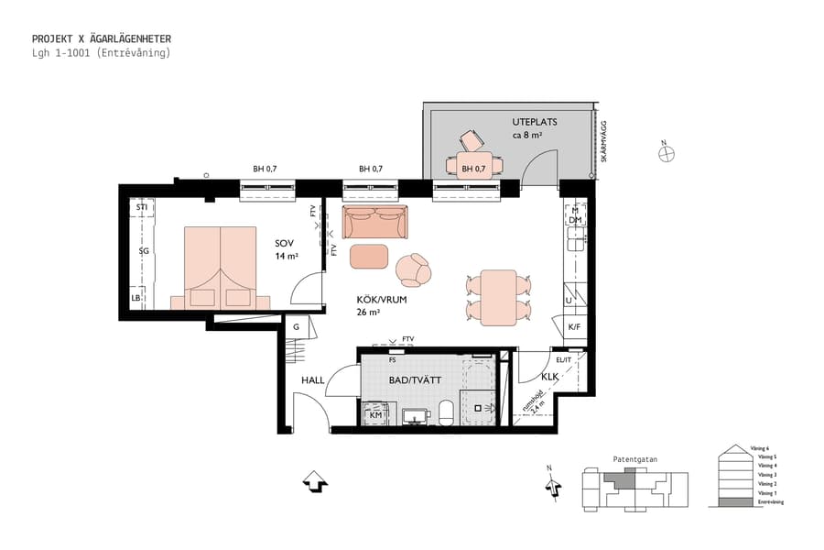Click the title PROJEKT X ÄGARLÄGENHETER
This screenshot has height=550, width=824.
click(102, 39)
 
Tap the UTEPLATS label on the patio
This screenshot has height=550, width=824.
click(534, 122)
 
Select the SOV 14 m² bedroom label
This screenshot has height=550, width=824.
click(287, 249)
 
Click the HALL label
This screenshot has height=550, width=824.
click(314, 380)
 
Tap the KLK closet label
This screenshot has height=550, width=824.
click(549, 377)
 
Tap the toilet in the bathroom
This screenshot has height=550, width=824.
click(447, 412)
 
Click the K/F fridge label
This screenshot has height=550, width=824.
click(574, 326)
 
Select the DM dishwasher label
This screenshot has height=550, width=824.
click(575, 221)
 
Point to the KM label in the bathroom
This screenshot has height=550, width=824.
click(375, 415)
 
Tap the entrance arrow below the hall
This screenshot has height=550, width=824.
click(314, 481)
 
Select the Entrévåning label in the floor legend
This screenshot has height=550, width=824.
click(770, 502)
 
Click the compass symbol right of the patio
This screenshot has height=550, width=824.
click(667, 153)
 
